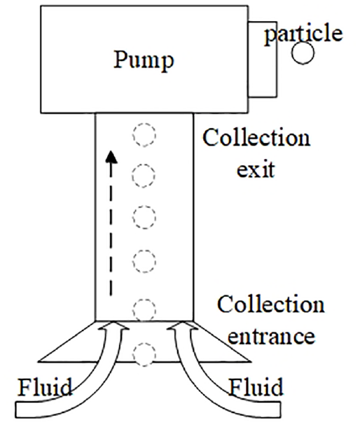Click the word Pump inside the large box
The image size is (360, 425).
[144, 61]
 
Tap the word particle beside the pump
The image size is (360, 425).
[303, 34]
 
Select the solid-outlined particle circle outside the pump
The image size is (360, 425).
[303, 53]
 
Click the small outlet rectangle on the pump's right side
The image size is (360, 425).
[263, 59]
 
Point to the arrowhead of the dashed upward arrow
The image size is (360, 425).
[111, 158]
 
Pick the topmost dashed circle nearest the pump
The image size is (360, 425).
[144, 135]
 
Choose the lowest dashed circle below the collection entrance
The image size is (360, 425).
[144, 354]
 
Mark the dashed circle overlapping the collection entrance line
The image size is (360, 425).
[144, 310]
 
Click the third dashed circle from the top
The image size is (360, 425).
[144, 217]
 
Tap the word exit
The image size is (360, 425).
[256, 170]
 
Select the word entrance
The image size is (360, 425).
[271, 336]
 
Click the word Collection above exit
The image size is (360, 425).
[256, 137]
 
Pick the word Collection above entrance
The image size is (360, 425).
[270, 304]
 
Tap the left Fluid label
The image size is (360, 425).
[45, 387]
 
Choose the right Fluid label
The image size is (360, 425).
[256, 387]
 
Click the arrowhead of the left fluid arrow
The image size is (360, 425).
[114, 326]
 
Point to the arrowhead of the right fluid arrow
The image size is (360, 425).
[181, 326]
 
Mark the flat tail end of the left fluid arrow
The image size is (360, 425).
[15, 410]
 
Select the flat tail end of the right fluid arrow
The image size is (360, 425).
[279, 410]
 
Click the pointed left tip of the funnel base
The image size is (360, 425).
[39, 361]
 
